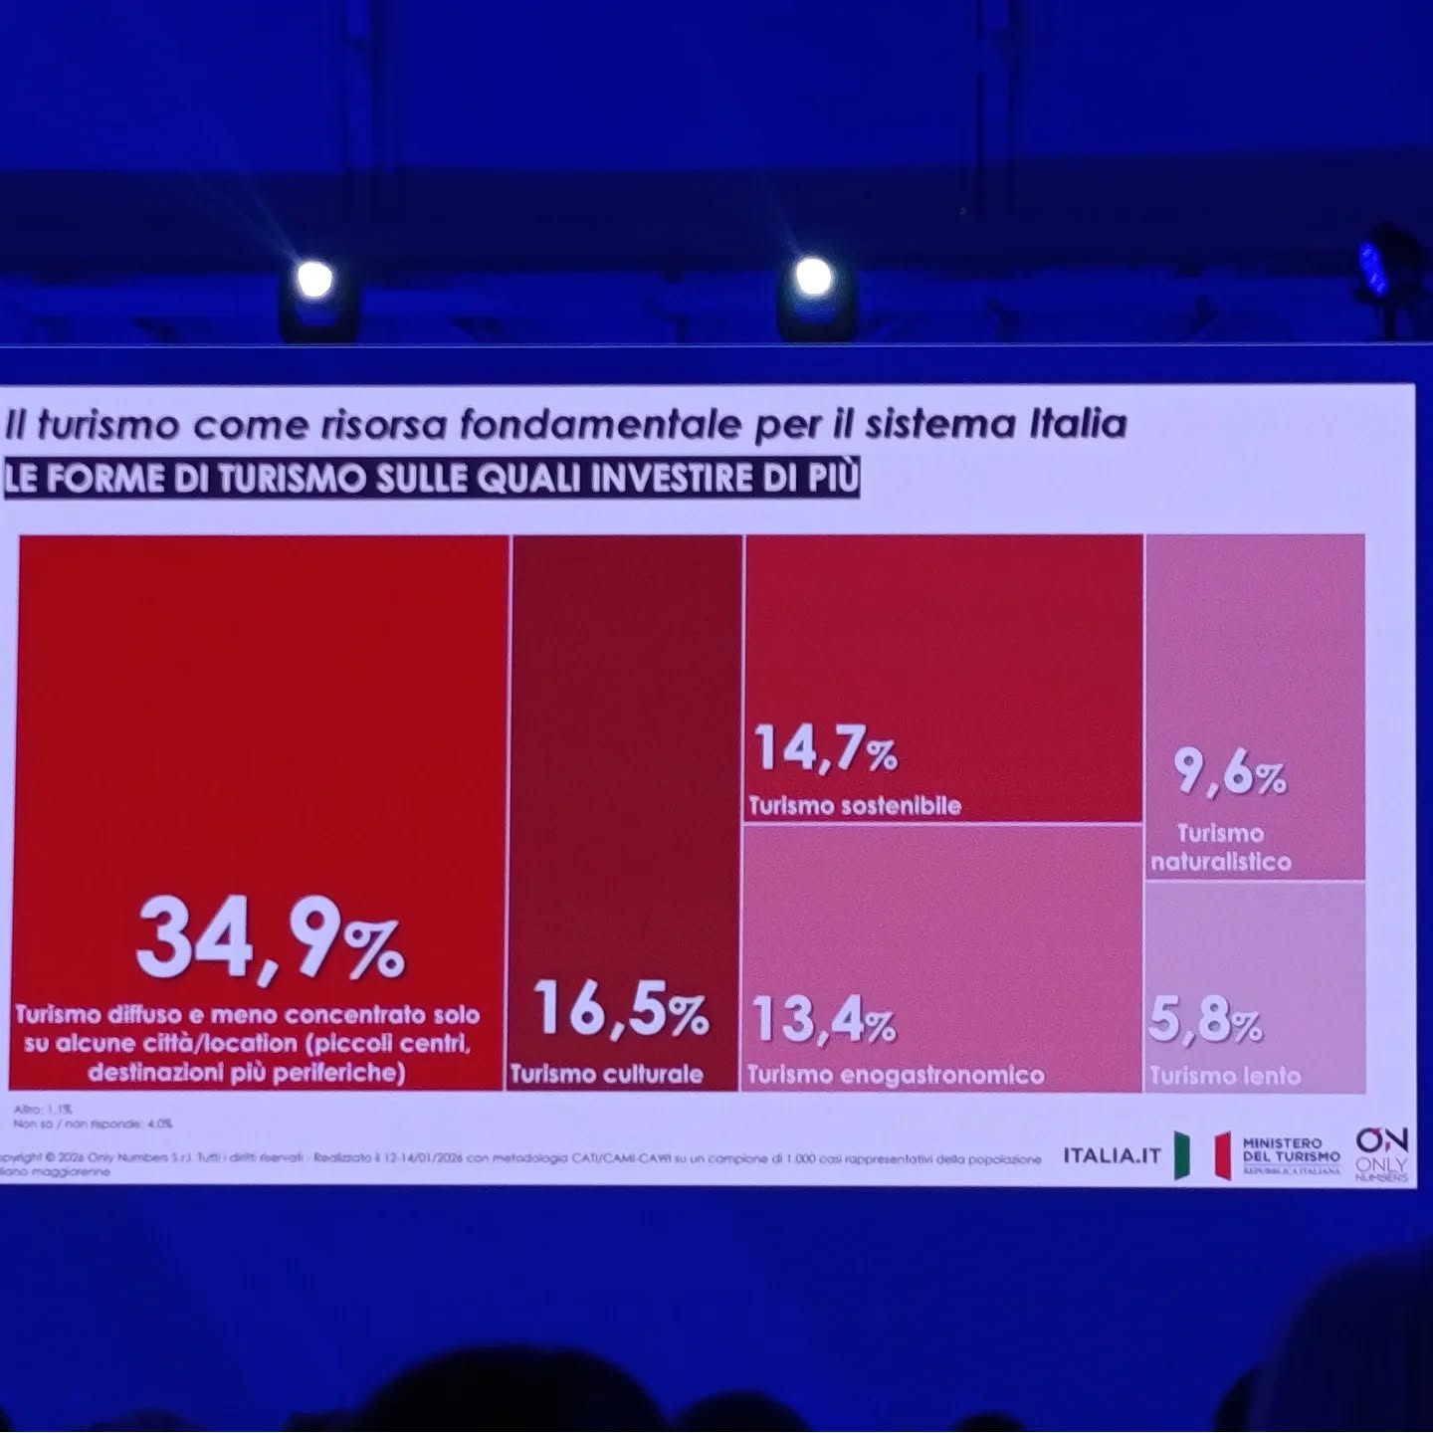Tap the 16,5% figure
coord(621,1009)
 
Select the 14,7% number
coord(825,748)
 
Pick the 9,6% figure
coord(1229,773)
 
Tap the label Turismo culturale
coord(606,1074)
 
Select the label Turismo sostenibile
coord(854,805)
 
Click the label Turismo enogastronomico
coord(895,1075)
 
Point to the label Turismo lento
coord(1224,1076)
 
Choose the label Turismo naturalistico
coord(1221,848)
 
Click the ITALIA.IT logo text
coord(1112,1155)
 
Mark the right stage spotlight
coord(813,275)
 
